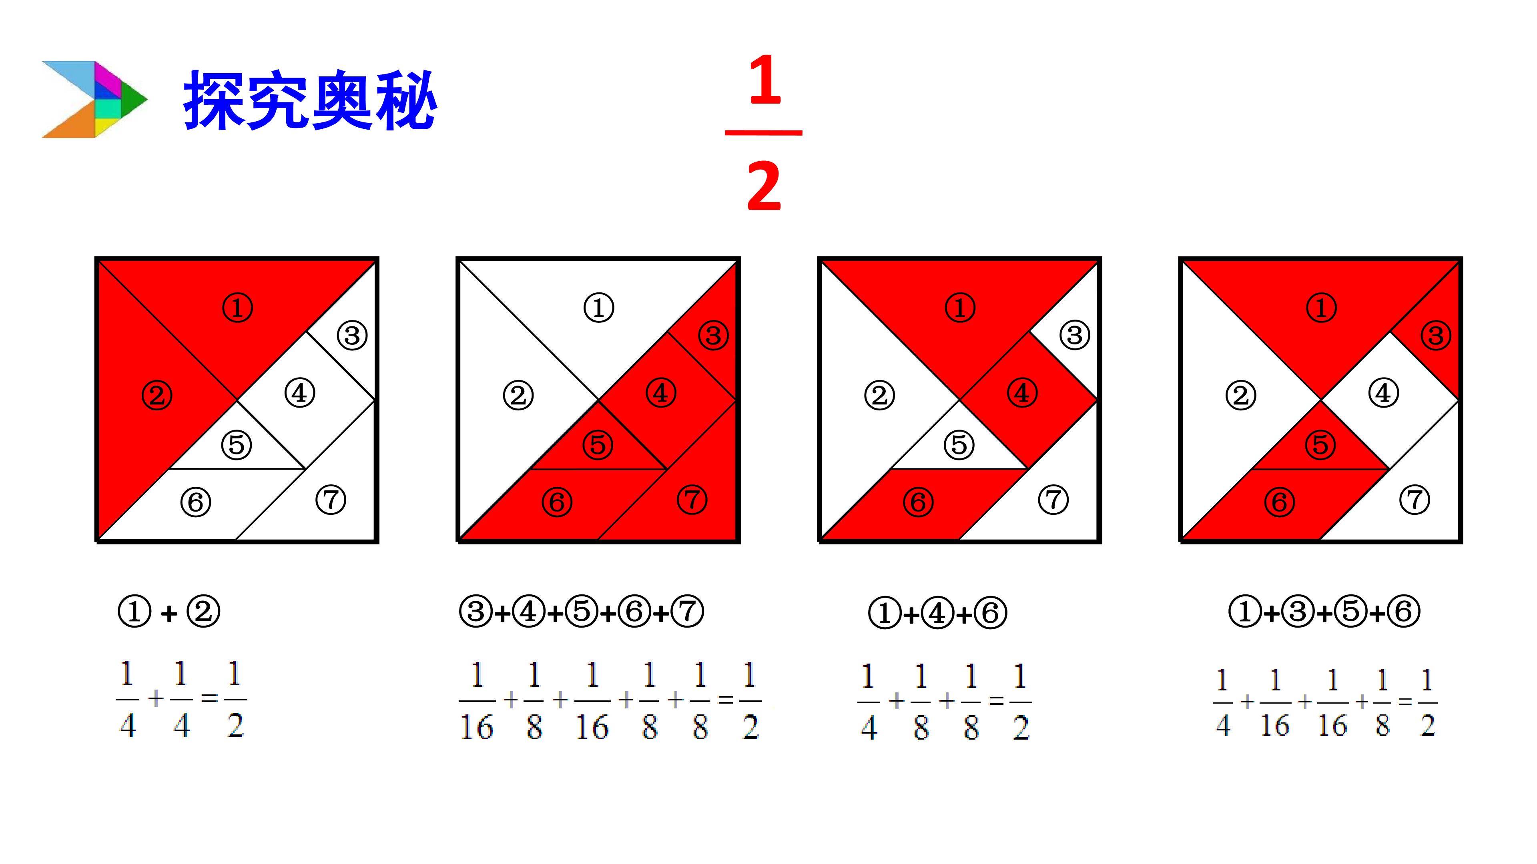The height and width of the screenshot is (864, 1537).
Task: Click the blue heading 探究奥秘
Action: point(310,100)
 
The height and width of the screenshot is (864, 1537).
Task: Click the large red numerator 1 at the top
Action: point(765,80)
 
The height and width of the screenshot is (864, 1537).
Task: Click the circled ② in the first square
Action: point(157,395)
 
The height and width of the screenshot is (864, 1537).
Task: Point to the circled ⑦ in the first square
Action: point(331,500)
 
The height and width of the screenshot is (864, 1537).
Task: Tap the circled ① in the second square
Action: point(598,308)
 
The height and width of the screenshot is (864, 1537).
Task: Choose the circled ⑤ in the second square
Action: point(598,445)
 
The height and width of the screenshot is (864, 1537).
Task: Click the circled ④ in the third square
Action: point(1022,393)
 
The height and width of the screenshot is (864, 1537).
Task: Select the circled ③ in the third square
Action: point(1075,335)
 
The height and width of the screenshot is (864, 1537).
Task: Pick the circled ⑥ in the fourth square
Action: point(1280,502)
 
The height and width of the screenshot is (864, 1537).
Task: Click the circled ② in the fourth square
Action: point(1241,395)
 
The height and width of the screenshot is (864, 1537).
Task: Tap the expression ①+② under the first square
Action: point(169,612)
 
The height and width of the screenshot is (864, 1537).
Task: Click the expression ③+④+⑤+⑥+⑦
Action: point(582,612)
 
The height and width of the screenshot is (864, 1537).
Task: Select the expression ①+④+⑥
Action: point(937,613)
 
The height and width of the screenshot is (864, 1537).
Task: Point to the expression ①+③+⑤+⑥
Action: point(1324,612)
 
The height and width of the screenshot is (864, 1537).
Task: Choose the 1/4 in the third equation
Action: point(869,702)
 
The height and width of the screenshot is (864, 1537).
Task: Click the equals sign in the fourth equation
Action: point(1405,702)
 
